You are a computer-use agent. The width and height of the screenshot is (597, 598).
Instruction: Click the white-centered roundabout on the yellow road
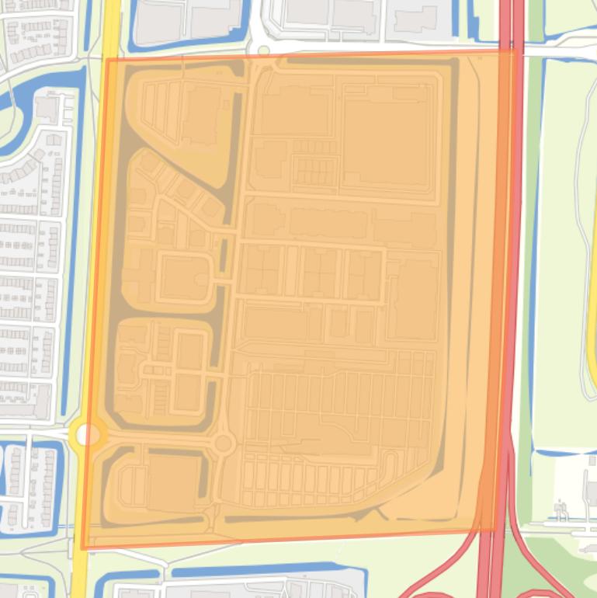[x=88, y=434]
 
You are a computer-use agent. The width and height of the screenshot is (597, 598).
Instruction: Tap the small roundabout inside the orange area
[x=224, y=443]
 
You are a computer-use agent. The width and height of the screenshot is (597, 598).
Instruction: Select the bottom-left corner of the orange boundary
[x=82, y=548]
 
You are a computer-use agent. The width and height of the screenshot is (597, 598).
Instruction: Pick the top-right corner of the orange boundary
[x=513, y=51]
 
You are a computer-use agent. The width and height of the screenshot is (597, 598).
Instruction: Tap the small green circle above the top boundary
[x=263, y=50]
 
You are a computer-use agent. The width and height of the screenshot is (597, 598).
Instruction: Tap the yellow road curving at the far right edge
[x=593, y=311]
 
